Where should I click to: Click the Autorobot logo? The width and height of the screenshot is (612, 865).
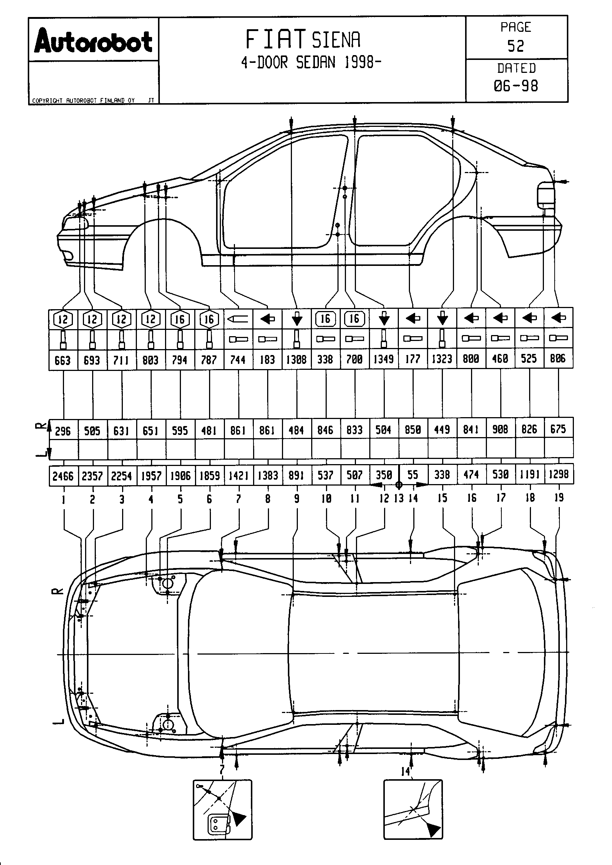coord(93,42)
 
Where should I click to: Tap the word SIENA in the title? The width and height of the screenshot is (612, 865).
coord(336,40)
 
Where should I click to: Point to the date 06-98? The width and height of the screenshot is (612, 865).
coord(515,86)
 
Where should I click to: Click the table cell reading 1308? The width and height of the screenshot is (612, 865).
coord(297,359)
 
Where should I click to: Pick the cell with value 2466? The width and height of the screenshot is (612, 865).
coord(63,476)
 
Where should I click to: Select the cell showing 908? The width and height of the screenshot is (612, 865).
coord(500,429)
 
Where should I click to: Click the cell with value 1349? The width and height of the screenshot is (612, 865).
coord(384,359)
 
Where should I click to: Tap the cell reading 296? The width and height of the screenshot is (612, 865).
coord(63,430)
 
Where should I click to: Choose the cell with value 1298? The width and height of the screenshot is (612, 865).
coord(558,474)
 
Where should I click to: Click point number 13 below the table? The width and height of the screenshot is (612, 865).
coord(399,499)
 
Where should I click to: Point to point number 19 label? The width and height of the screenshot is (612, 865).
coord(559,498)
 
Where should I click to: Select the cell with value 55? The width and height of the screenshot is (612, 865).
coord(413,475)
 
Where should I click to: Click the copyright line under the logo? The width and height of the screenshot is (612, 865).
coord(83,101)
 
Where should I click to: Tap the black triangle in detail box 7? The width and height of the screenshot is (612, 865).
coord(239,818)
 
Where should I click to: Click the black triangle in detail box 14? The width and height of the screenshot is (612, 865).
coord(433,829)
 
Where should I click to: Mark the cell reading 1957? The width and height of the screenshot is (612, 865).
coord(151,476)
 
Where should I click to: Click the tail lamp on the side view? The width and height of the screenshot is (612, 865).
coord(545,195)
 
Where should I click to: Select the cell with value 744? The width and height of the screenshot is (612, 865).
coord(238,360)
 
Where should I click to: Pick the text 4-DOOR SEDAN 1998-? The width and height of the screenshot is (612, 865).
coord(311,62)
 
